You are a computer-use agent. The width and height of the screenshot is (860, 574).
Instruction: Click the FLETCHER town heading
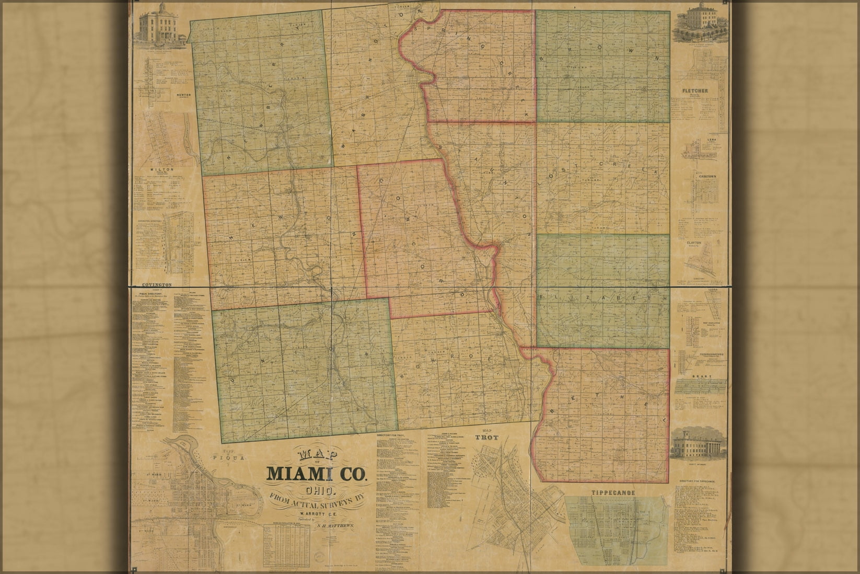pyautogui.click(x=695, y=90)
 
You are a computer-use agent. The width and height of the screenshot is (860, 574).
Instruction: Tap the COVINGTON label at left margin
pyautogui.click(x=156, y=285)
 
